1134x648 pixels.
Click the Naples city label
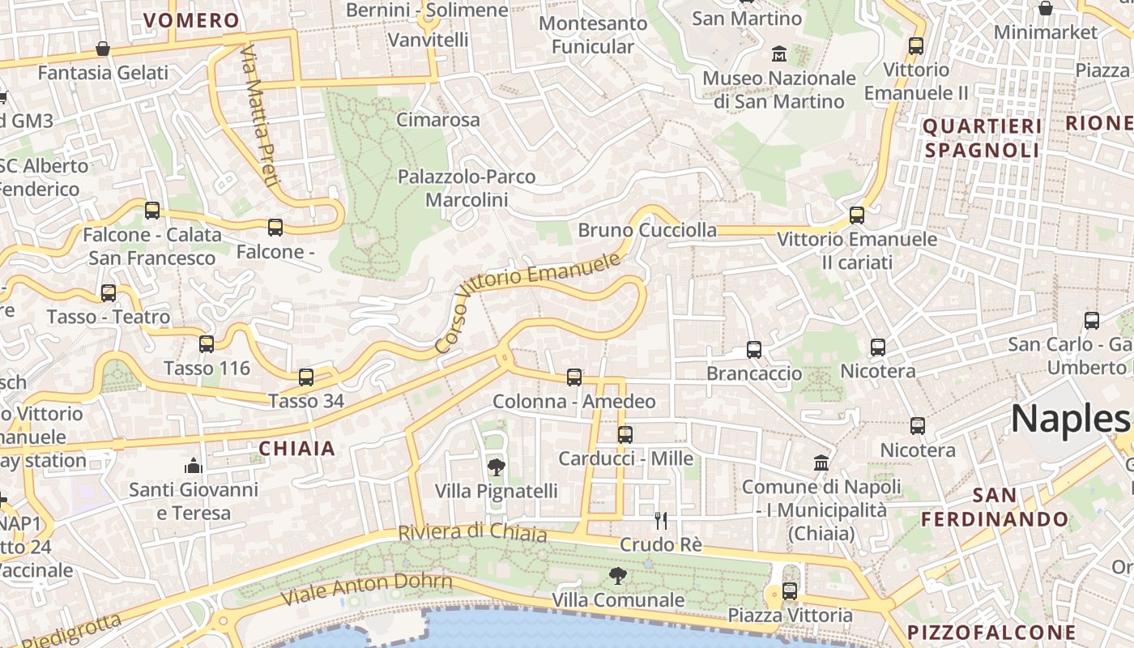(1069, 419)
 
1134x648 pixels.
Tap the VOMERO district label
(191, 20)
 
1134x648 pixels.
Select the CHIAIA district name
(296, 448)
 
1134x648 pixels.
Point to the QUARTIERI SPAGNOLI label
(982, 138)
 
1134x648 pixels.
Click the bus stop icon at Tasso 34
(305, 377)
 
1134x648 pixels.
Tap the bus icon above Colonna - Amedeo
(573, 377)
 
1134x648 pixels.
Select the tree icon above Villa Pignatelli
(496, 467)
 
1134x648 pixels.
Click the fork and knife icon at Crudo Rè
(661, 520)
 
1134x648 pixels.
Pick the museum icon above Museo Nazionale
(779, 54)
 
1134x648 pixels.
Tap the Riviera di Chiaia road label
(472, 533)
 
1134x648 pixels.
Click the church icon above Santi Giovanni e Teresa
(193, 465)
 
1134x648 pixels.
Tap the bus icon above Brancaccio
(754, 350)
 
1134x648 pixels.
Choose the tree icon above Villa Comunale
(618, 576)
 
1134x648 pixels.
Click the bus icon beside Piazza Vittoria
(790, 591)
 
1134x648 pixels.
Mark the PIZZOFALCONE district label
(991, 632)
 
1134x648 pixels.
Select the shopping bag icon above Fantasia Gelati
(103, 49)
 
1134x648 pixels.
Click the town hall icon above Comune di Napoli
(821, 463)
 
